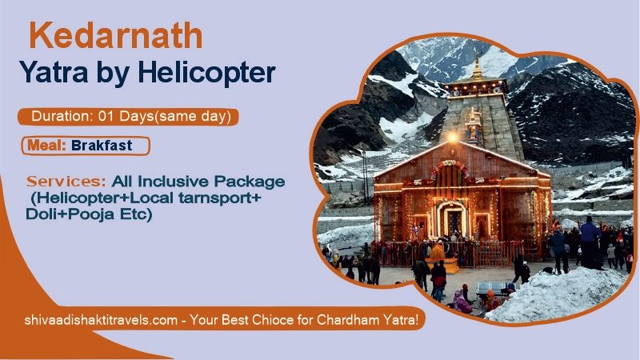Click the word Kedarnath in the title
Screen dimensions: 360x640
pos(115,37)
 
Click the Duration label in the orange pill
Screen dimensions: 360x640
pos(61,117)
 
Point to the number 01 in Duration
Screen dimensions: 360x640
pos(107,117)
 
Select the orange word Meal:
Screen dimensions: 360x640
pos(46,146)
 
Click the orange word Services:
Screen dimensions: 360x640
pos(66,182)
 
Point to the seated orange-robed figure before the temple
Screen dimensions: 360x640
pos(437,254)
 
